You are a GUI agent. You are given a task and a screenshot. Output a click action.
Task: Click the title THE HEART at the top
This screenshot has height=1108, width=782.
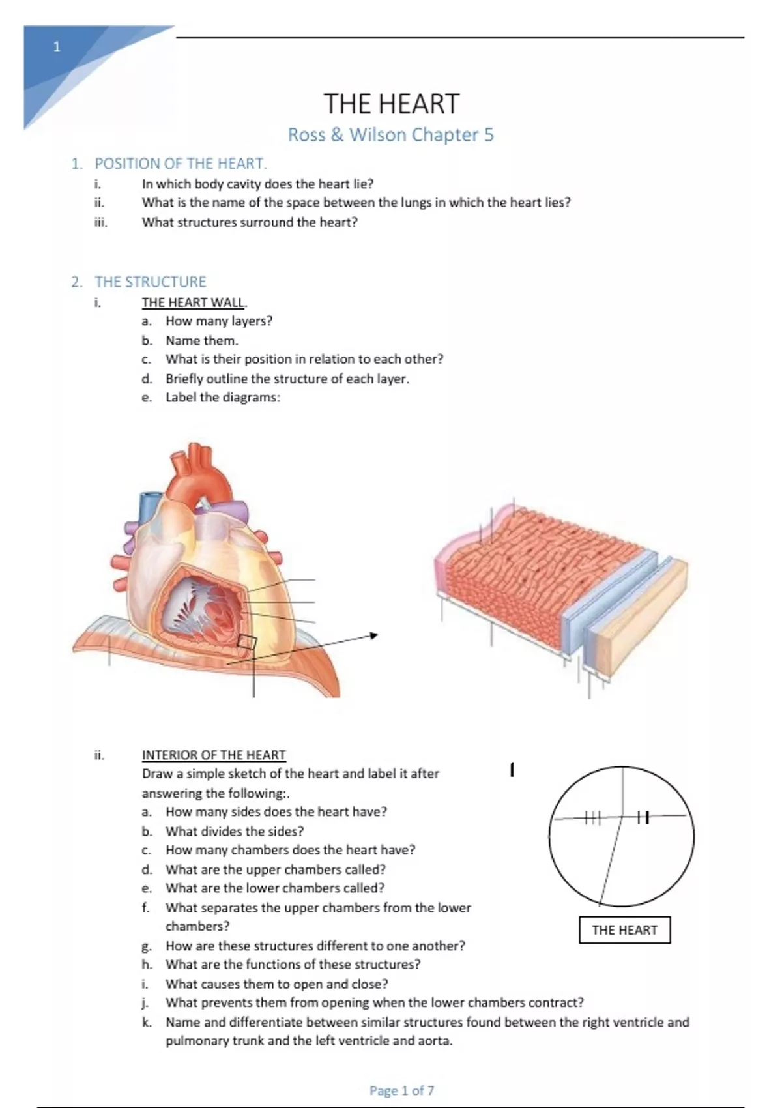[x=391, y=104]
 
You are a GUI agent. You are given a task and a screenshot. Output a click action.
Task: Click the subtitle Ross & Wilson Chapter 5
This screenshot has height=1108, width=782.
[x=391, y=135]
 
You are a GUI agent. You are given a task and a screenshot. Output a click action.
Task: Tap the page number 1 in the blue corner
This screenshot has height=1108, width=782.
[x=57, y=47]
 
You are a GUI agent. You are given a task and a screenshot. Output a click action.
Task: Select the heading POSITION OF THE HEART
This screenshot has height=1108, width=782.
[x=181, y=164]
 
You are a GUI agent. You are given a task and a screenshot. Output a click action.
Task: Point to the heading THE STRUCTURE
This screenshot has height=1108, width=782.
[x=150, y=282]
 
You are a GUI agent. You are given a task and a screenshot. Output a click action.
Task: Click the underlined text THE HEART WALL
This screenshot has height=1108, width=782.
[x=194, y=302]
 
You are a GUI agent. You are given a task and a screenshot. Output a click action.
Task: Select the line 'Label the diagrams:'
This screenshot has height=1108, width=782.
[x=222, y=398]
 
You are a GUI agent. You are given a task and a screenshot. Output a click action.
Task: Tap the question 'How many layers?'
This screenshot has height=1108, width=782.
[x=219, y=321]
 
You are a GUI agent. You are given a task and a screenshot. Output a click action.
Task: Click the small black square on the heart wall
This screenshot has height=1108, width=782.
[x=247, y=642]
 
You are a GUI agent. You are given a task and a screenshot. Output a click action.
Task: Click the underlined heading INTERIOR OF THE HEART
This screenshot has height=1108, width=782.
[x=214, y=755]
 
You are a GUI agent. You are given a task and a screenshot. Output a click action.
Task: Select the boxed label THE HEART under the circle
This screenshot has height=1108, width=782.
[x=624, y=930]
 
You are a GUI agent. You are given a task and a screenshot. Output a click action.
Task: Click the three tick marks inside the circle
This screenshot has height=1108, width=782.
[x=592, y=817]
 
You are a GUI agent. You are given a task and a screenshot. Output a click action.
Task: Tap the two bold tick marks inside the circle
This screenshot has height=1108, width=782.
[x=643, y=817]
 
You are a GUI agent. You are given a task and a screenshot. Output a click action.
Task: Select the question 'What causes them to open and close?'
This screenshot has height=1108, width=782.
[x=276, y=984]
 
